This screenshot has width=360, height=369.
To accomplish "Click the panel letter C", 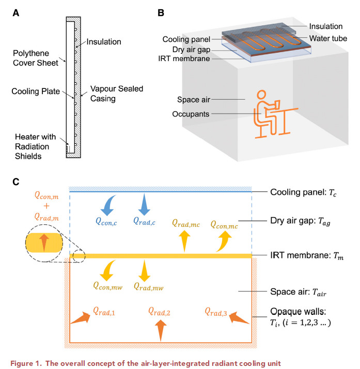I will click(x=15, y=182).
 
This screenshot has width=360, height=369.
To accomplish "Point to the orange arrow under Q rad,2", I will click(x=161, y=329).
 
